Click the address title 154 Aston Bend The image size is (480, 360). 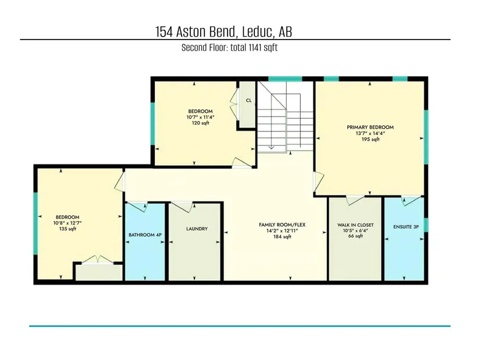196,32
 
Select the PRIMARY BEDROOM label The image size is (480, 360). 370,127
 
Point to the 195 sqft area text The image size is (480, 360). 371,139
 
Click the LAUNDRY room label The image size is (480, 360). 197,229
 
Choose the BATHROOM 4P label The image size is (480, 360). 145,235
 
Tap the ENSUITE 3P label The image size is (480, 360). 406,227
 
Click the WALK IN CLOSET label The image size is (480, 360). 355,225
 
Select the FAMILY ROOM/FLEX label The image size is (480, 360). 282,224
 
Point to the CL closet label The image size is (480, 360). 248,101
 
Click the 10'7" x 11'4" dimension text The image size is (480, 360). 201,117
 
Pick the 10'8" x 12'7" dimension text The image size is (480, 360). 67,223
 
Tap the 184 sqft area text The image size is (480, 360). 282,237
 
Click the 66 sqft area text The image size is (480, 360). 355,236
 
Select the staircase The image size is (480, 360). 285,117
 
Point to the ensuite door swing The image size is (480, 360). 412,200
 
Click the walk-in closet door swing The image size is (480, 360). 355,200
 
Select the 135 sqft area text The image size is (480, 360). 67,229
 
